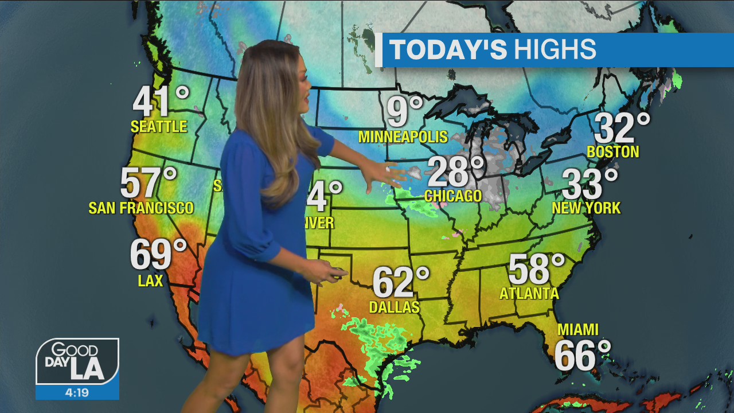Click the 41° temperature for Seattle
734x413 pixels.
click(x=160, y=102)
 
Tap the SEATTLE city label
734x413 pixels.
click(x=159, y=127)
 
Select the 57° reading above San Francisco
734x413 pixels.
click(x=149, y=183)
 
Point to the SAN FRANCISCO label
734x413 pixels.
click(x=141, y=208)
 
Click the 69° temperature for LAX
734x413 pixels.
click(x=158, y=255)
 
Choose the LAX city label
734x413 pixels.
click(x=150, y=280)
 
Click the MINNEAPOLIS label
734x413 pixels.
click(x=403, y=137)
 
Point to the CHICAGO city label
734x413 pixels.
click(x=453, y=196)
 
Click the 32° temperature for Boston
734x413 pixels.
click(x=622, y=128)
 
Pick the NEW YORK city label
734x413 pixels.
click(x=586, y=208)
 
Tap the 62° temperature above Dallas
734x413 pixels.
click(x=400, y=282)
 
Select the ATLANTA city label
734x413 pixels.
click(x=529, y=294)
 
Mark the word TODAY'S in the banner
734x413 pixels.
click(x=448, y=50)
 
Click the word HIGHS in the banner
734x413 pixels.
click(x=555, y=50)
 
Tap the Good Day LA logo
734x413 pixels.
click(x=77, y=361)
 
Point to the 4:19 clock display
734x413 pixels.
click(x=77, y=393)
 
